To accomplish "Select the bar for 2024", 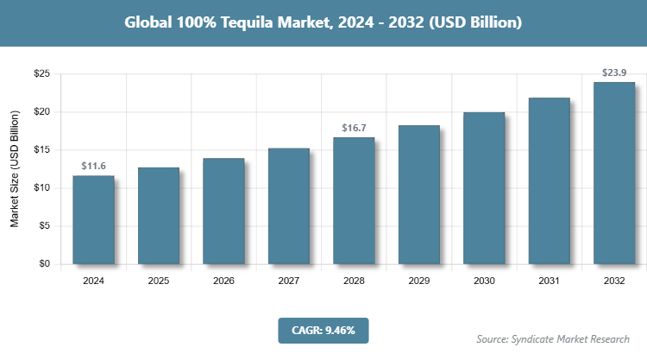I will pos(93,219).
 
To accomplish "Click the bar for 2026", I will pos(223,211).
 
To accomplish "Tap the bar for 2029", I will pos(419,194).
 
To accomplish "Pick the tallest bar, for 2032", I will pos(614,173).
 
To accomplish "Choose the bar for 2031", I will pos(550,180).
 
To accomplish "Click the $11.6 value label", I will pos(93,165).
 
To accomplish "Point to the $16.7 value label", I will pos(354,127).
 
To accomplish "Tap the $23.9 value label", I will pos(614,72).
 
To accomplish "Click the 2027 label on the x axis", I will pos(289,281).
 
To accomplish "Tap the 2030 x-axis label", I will pos(484,281).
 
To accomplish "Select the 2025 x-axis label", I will pos(159,281).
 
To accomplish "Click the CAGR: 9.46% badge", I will pos(323,330).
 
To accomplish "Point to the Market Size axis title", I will pos(15,169).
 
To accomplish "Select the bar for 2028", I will pos(354,200).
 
